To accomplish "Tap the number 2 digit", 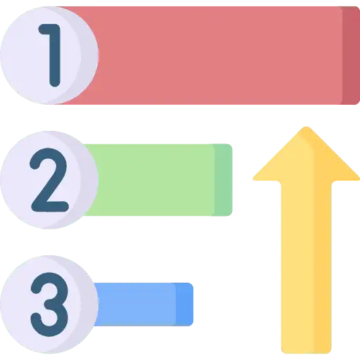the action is pos(49,180).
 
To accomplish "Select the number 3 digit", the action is pos(49,304).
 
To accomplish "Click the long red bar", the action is pos(206,56).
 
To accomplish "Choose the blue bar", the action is pos(143,304).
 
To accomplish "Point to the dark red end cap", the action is pos(351,56).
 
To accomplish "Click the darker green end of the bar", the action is pos(223,180).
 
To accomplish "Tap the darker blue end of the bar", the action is pos(184,304).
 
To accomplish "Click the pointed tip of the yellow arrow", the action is pos(306,127).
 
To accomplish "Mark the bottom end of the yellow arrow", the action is pos(306,353).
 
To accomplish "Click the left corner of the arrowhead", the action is pos(254,179).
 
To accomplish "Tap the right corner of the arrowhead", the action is pos(359,179).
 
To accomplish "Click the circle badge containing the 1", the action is pos(49,56).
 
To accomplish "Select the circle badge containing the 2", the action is pos(49,180).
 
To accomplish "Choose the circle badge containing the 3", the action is pos(49,304).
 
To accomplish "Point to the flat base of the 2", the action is pos(50,207).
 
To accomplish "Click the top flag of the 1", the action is pos(47,30).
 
